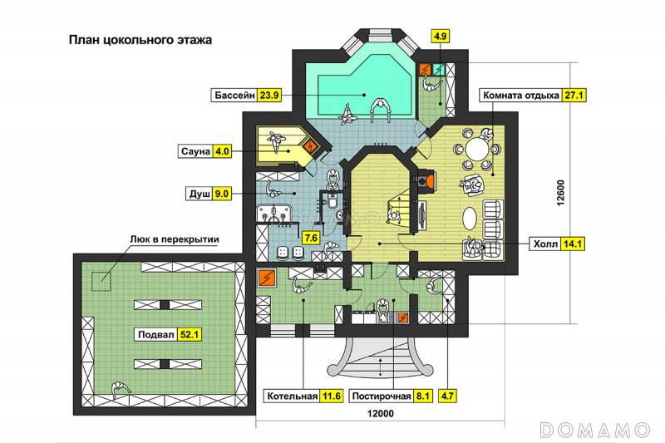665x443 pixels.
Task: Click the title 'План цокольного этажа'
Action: pos(140,40)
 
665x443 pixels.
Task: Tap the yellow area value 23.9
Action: pos(269,95)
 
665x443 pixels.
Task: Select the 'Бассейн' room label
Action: pos(235,95)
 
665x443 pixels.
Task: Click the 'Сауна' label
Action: pos(195,151)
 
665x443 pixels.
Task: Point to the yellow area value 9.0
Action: pos(221,194)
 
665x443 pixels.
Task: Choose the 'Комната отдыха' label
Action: pos(521,96)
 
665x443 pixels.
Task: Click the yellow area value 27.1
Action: pos(574,96)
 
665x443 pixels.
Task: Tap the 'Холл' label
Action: pos(545,244)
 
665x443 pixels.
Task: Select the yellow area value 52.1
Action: pos(190,334)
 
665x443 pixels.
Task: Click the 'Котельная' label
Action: pos(293,396)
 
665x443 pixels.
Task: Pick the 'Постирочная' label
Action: pos(382,396)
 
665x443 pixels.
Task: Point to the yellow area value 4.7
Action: pos(447,396)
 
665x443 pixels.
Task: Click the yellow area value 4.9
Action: pos(440,36)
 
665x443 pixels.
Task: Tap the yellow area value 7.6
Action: pos(311,238)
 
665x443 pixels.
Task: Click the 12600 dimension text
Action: pos(560,194)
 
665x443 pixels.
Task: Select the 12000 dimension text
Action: pos(381,413)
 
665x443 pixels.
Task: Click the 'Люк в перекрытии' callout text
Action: pos(175,239)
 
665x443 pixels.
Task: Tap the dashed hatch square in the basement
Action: pos(101,282)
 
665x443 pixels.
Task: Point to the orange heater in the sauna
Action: pos(311,146)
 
